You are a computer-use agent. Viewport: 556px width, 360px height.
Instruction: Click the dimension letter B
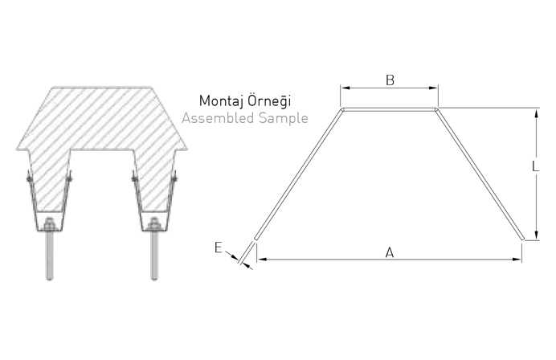click(x=389, y=80)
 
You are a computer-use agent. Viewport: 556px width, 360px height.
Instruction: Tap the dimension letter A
click(x=389, y=252)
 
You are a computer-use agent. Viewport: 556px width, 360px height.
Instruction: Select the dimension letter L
click(x=535, y=166)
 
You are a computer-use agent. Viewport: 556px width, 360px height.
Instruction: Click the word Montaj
click(x=222, y=104)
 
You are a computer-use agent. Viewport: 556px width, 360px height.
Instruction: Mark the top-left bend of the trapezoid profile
click(x=342, y=108)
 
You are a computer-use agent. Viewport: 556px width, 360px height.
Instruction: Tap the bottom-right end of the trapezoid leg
click(x=522, y=238)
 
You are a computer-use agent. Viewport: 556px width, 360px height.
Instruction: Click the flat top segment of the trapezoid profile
click(x=390, y=108)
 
